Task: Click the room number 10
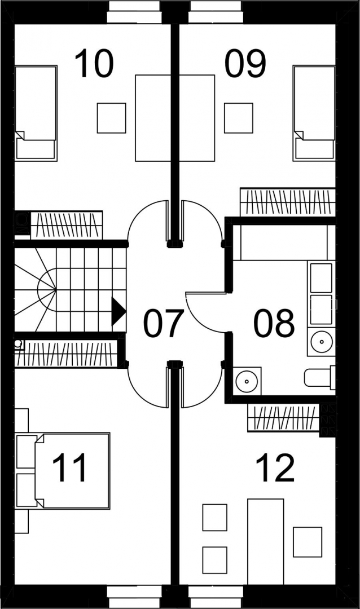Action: click(94, 63)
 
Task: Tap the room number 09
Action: click(245, 63)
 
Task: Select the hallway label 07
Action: click(163, 323)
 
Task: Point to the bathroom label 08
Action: click(274, 323)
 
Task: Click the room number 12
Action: click(275, 469)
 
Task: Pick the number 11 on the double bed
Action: click(69, 469)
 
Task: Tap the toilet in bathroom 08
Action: click(319, 377)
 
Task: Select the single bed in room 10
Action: click(36, 113)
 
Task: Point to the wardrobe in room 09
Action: click(288, 202)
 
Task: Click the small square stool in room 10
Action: click(112, 118)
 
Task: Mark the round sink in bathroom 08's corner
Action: click(247, 380)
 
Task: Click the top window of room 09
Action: click(217, 12)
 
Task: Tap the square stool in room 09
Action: click(239, 118)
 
